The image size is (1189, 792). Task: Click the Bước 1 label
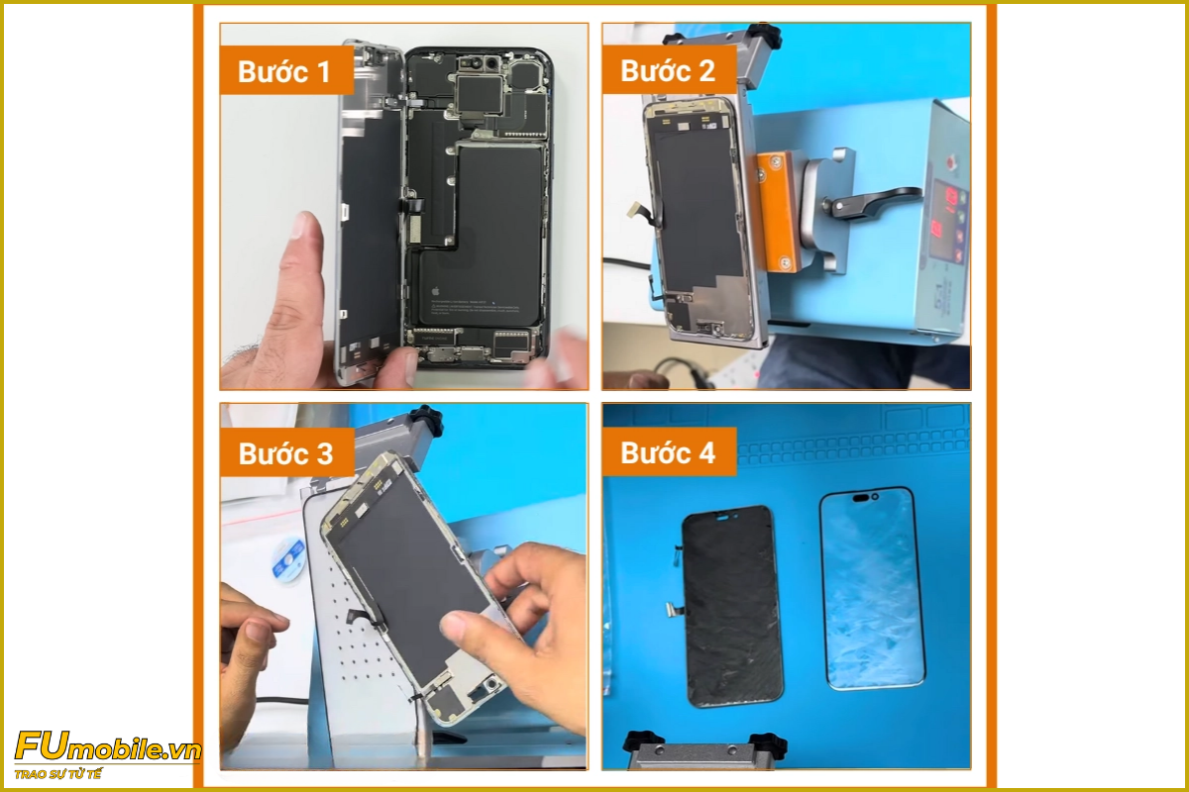[x=285, y=71]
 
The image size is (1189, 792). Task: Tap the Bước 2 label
[x=668, y=71]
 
